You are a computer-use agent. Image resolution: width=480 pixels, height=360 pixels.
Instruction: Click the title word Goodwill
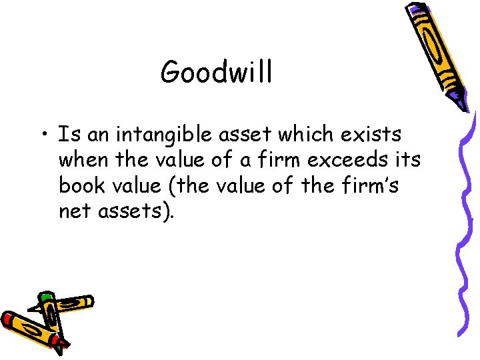click(216, 71)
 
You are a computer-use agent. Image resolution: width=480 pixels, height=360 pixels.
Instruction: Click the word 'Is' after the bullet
click(65, 135)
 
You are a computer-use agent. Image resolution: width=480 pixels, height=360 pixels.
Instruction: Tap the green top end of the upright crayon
click(45, 296)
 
